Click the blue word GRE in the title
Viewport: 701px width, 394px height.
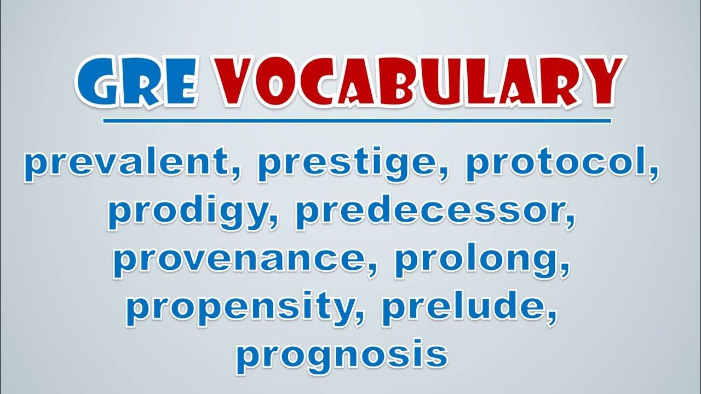click(137, 82)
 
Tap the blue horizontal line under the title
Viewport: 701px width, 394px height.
click(357, 121)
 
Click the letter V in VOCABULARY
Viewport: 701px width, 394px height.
click(237, 82)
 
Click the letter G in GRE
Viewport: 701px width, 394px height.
click(97, 82)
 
